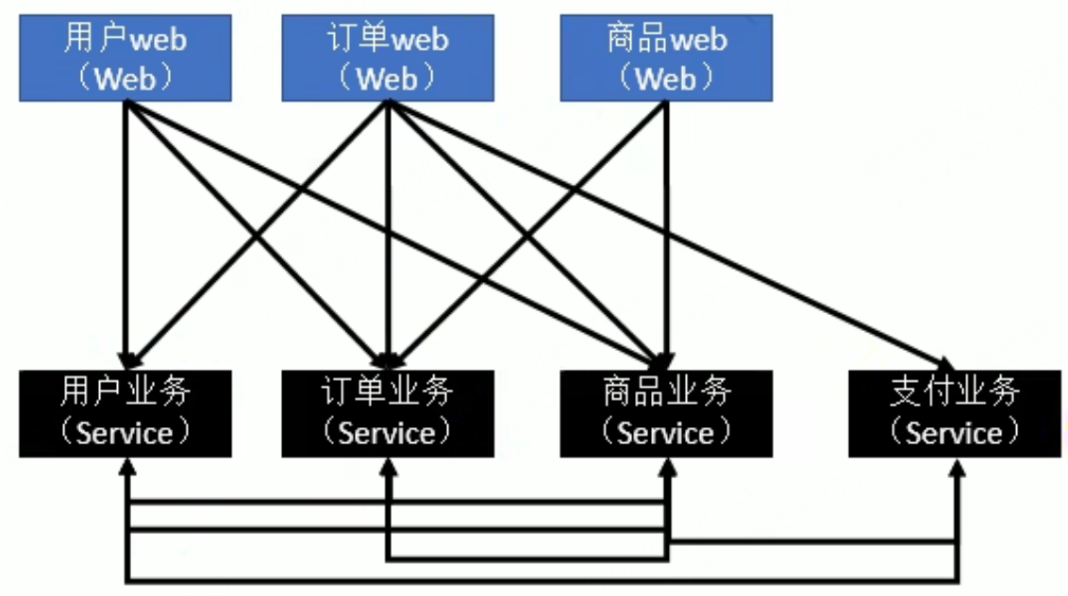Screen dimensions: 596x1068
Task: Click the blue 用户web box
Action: click(x=125, y=58)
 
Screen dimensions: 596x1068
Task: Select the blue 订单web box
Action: click(x=388, y=58)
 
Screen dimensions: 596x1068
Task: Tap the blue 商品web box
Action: click(x=666, y=58)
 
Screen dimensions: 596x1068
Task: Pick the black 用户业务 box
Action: click(x=125, y=413)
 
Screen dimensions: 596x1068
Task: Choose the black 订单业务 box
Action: click(x=388, y=413)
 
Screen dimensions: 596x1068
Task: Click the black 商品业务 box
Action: click(x=666, y=413)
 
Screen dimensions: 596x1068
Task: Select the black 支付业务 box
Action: click(x=954, y=413)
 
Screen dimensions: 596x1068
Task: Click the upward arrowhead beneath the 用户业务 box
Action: click(x=127, y=466)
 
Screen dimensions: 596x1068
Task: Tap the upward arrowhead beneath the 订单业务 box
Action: click(x=388, y=466)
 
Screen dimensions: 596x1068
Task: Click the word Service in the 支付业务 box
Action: click(x=954, y=433)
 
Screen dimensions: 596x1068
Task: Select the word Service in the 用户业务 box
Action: click(x=125, y=433)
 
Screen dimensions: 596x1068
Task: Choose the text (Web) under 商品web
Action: click(x=666, y=78)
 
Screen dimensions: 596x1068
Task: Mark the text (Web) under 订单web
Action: click(x=388, y=78)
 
